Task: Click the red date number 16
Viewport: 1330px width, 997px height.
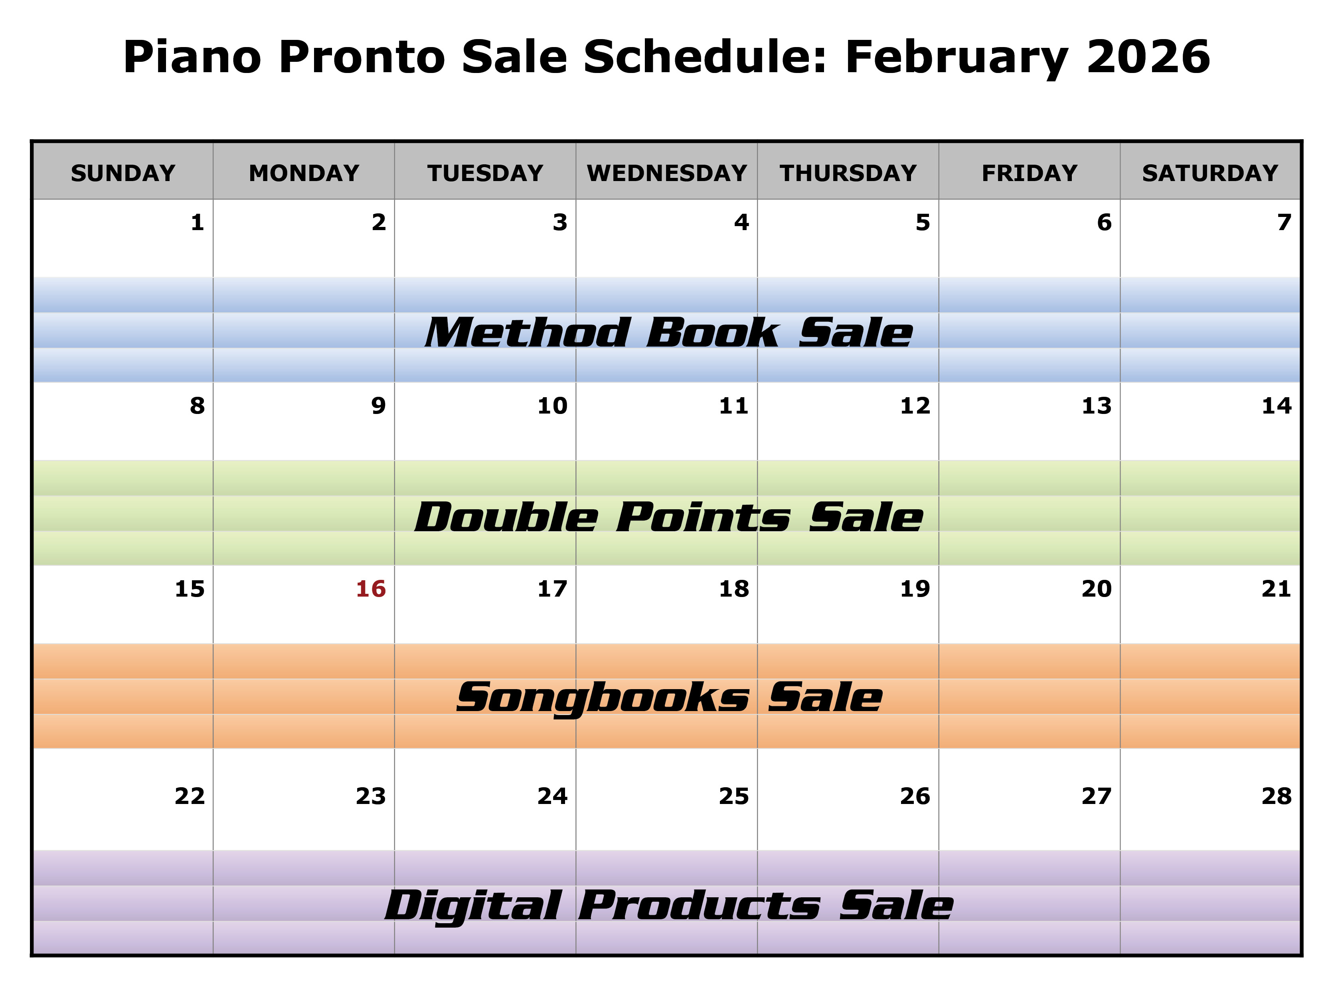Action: pyautogui.click(x=370, y=589)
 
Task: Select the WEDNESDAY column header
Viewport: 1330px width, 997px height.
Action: pyautogui.click(x=667, y=173)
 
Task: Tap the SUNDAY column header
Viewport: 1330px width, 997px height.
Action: pyautogui.click(x=123, y=173)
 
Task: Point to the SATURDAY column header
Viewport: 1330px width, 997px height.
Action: pyautogui.click(x=1210, y=173)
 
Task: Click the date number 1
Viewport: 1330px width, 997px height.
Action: pyautogui.click(x=197, y=223)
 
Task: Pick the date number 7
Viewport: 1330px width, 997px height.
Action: pyautogui.click(x=1284, y=223)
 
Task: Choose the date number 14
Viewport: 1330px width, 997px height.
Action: pyautogui.click(x=1277, y=406)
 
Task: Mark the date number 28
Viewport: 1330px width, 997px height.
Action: pyautogui.click(x=1277, y=796)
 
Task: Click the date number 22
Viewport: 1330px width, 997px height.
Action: pyautogui.click(x=190, y=796)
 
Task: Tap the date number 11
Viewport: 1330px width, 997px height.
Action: pyautogui.click(x=733, y=406)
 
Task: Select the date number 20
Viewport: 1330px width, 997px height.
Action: pyautogui.click(x=1096, y=589)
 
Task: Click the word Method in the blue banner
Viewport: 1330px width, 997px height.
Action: pyautogui.click(x=527, y=333)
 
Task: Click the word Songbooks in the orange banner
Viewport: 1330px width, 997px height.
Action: pyautogui.click(x=603, y=698)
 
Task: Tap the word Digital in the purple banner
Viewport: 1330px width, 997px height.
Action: pyautogui.click(x=473, y=906)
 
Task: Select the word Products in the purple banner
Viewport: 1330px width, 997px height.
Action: pyautogui.click(x=699, y=906)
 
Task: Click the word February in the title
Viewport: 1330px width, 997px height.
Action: pyautogui.click(x=956, y=57)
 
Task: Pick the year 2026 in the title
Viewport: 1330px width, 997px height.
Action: pyautogui.click(x=1148, y=57)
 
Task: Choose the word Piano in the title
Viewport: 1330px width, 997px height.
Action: pyautogui.click(x=192, y=57)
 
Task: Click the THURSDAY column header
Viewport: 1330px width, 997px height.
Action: pyautogui.click(x=848, y=173)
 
